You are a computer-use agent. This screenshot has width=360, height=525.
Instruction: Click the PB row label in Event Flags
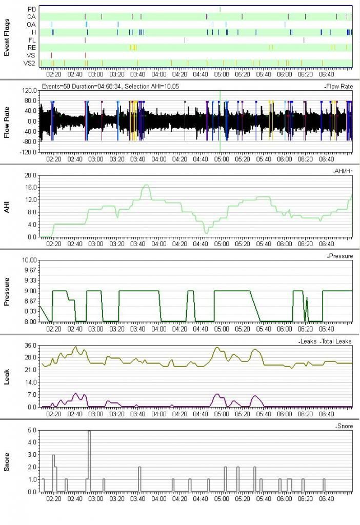pyautogui.click(x=32, y=9)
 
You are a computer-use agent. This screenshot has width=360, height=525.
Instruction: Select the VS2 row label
pyautogui.click(x=29, y=63)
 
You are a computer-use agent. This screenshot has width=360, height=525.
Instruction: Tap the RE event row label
pyautogui.click(x=31, y=48)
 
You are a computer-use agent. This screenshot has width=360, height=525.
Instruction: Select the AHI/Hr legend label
pyautogui.click(x=343, y=171)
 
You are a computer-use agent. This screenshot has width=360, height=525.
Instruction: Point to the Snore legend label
pyautogui.click(x=345, y=426)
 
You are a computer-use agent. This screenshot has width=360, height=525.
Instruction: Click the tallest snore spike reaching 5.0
pyautogui.click(x=89, y=432)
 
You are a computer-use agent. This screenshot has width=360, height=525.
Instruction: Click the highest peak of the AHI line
pyautogui.click(x=146, y=185)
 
